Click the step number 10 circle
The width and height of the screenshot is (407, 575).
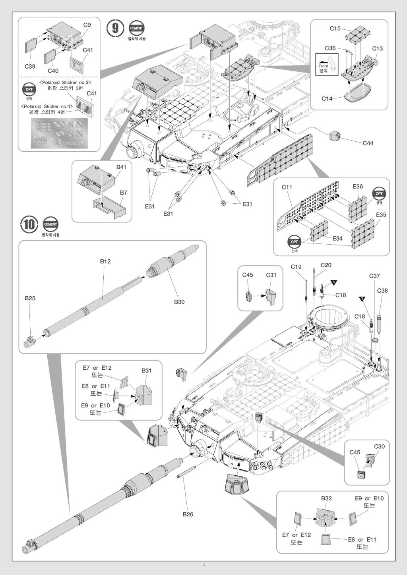[x=29, y=224]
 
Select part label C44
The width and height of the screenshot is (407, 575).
[x=368, y=143]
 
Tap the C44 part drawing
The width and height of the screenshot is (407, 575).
[x=335, y=136]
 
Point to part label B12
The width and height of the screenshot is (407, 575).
[x=105, y=261]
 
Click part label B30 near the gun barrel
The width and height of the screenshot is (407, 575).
[x=179, y=302]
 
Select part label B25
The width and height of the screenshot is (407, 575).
[x=30, y=298]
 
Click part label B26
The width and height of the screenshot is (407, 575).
[x=188, y=514]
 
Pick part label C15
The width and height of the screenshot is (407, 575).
[x=335, y=29]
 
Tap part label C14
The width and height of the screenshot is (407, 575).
[x=327, y=98]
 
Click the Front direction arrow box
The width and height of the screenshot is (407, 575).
[x=327, y=64]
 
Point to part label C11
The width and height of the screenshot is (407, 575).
[x=287, y=187]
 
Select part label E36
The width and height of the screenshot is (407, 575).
[x=358, y=186]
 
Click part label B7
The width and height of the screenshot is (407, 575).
[x=123, y=193]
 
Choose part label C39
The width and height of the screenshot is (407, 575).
[x=30, y=66]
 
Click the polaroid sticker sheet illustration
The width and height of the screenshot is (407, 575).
[x=59, y=133]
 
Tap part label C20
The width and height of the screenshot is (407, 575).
[x=326, y=265]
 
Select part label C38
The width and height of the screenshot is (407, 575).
[x=382, y=290]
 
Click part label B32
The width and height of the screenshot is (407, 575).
[x=326, y=498]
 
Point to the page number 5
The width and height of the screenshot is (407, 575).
[x=203, y=565]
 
